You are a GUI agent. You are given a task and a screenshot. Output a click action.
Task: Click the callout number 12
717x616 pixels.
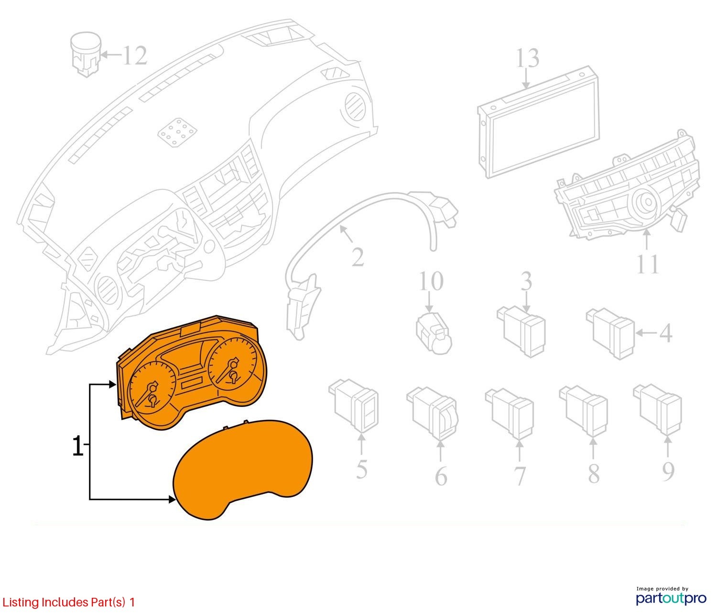pyautogui.click(x=134, y=56)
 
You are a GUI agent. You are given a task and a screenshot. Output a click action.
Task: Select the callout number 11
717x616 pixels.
pyautogui.click(x=648, y=264)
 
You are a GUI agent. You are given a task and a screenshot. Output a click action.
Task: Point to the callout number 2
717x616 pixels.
pyautogui.click(x=358, y=257)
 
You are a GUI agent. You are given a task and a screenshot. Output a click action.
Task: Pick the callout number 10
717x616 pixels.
pyautogui.click(x=431, y=281)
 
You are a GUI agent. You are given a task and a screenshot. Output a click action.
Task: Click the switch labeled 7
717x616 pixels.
pyautogui.click(x=511, y=413)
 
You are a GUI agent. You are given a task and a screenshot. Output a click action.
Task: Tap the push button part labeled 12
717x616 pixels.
pyautogui.click(x=85, y=54)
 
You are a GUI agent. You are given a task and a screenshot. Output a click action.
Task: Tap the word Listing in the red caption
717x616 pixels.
pyautogui.click(x=21, y=602)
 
